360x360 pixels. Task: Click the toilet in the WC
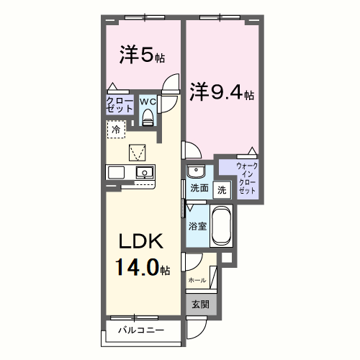(148, 117)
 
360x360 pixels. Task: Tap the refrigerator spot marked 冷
(116, 130)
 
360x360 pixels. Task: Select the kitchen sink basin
(145, 173)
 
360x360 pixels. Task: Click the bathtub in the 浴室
(221, 225)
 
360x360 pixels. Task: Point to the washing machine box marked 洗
(222, 190)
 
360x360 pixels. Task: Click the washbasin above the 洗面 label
(196, 171)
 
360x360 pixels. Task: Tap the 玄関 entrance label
(200, 305)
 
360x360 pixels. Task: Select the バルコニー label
(141, 330)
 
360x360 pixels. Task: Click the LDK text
(141, 241)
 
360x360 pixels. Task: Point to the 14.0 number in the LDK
(138, 267)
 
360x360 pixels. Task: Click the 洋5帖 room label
(142, 55)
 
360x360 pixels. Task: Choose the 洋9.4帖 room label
(222, 91)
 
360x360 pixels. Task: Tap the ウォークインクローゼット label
(247, 178)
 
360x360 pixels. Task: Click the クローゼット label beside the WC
(120, 104)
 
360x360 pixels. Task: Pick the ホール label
(197, 280)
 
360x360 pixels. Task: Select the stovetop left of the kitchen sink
(116, 173)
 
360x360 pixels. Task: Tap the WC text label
(148, 102)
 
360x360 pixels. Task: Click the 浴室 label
(197, 226)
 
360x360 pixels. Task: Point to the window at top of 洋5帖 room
(145, 17)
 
